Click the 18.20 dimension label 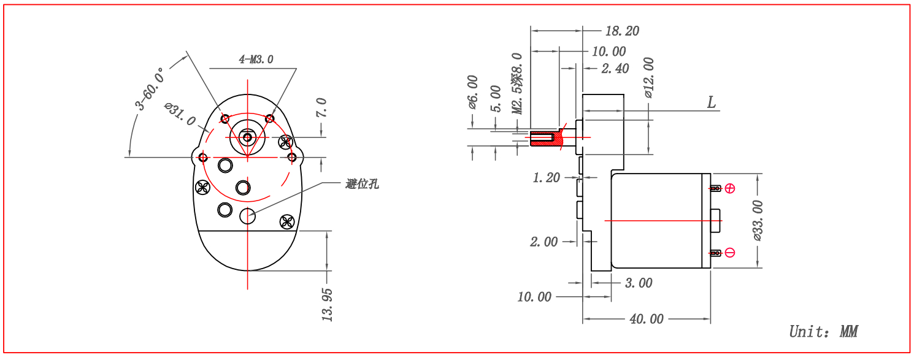621,31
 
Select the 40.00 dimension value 646,319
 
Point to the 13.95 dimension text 327,305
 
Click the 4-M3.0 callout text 256,59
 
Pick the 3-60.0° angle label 150,89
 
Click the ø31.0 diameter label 180,115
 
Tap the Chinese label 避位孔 362,183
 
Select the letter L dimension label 712,102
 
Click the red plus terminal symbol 729,188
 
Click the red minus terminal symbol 729,253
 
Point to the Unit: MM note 823,332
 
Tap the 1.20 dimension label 546,178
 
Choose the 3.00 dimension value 638,283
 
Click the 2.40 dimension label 615,69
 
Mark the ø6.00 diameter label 472,92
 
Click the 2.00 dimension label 544,242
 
